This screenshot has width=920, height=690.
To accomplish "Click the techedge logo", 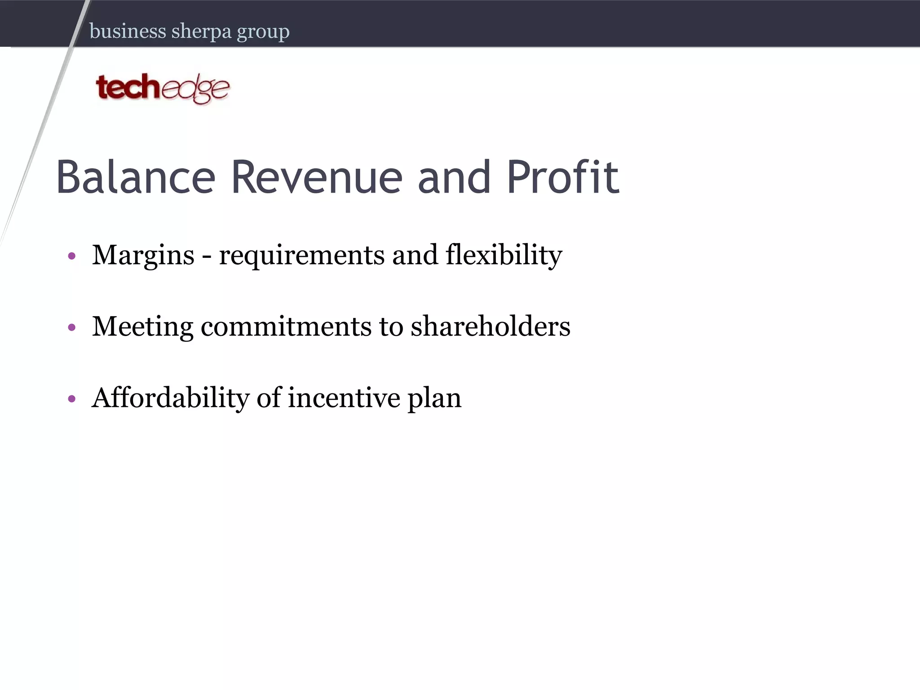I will [163, 88].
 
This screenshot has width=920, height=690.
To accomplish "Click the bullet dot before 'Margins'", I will [72, 257].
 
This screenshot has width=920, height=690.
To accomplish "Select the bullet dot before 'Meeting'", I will [72, 327].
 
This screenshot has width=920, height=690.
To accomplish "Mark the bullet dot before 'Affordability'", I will [72, 399].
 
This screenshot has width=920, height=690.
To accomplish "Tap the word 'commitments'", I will [286, 327].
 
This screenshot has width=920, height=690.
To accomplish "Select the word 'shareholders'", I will [490, 327].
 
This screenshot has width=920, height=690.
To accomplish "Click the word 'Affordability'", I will [170, 398].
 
